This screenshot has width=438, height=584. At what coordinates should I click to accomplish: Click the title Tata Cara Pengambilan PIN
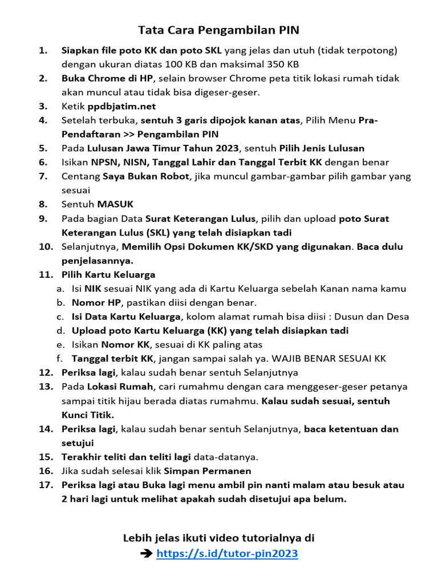coord(218,30)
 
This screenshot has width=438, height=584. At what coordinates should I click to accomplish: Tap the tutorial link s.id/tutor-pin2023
coord(227,553)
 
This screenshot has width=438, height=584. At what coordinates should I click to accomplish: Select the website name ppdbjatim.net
coord(121,106)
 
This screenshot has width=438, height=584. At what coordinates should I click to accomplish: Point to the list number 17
coord(46,485)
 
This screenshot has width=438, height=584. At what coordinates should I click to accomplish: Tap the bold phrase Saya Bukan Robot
coord(145,176)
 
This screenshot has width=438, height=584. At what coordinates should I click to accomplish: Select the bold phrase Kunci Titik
coord(88,415)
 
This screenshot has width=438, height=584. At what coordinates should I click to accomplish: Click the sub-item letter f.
coord(59,359)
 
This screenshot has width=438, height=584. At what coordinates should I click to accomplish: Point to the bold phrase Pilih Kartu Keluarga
coord(108,275)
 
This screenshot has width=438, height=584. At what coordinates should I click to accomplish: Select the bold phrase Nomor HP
coord(96,303)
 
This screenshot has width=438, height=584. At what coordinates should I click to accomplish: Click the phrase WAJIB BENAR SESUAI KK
coord(329,359)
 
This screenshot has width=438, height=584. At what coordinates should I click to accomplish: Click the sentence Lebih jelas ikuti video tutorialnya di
coord(218,538)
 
